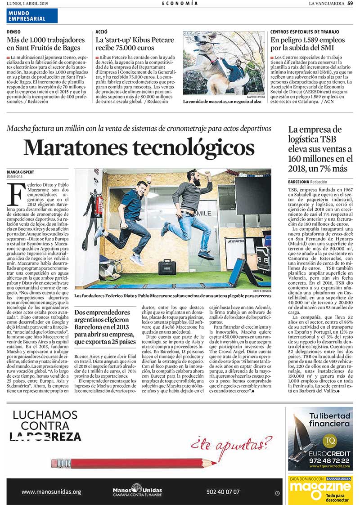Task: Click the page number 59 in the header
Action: click(350, 4)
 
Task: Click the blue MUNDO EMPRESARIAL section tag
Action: click(32, 16)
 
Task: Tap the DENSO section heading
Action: click(14, 32)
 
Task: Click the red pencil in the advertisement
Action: click(135, 463)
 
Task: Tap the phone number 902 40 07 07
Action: click(223, 492)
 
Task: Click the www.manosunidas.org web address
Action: click(51, 492)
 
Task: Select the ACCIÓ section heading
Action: click(101, 32)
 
